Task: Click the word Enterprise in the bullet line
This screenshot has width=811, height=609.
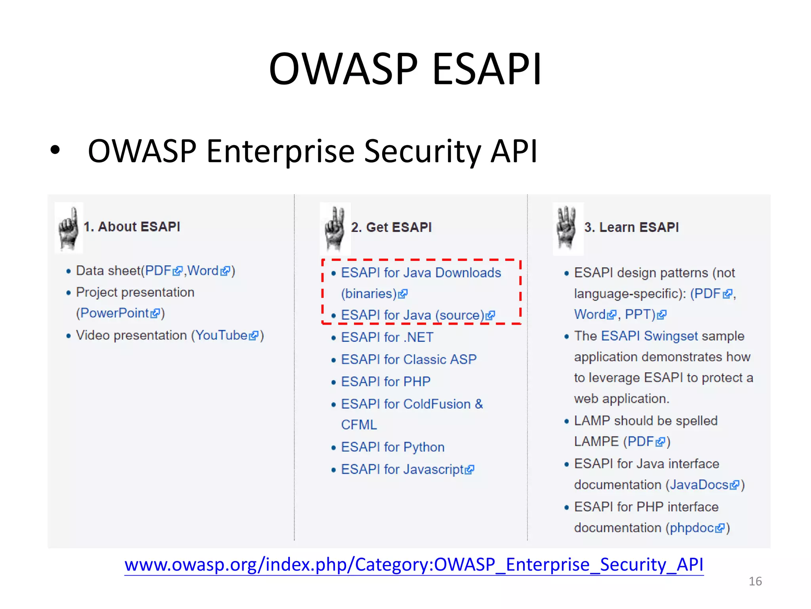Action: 280,151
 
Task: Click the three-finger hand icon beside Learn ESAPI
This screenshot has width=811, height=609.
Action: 567,229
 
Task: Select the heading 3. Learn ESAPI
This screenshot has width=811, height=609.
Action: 631,228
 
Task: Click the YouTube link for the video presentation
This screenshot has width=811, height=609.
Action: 222,335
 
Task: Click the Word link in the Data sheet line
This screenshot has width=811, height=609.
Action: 203,271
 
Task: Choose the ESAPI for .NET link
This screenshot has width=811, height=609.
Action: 387,337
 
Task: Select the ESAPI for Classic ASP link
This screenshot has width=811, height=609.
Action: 409,360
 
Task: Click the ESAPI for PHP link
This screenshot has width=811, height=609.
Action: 385,382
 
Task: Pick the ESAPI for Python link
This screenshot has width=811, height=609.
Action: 392,447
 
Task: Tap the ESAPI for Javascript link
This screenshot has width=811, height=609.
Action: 402,469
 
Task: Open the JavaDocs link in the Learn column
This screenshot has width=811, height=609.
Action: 699,485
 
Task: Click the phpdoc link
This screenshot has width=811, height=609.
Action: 692,528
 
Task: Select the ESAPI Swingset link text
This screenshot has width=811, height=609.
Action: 649,336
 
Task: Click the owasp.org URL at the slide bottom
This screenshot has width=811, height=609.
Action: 414,565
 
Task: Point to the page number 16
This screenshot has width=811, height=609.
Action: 755,581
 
